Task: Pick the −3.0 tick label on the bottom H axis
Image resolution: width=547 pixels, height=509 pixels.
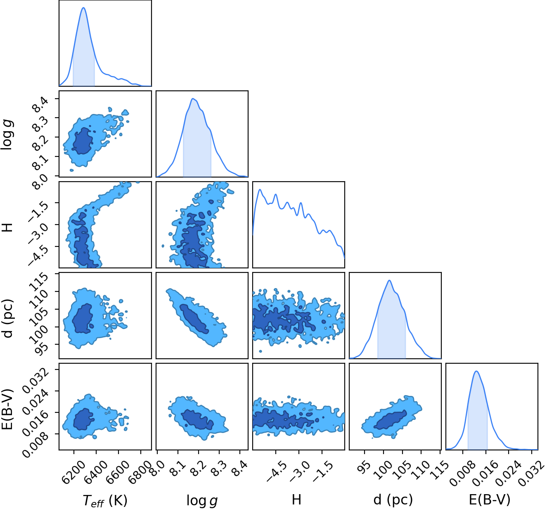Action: [300, 471]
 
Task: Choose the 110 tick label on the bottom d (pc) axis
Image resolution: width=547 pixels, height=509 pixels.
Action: [421, 469]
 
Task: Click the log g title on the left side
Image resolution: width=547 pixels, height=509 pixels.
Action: [7, 135]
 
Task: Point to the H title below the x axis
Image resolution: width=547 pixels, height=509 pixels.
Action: [296, 499]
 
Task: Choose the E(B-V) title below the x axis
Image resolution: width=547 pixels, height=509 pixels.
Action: [490, 500]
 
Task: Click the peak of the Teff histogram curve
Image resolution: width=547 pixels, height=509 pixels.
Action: [83, 7]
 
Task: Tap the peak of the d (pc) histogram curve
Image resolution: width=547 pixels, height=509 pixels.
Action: [389, 280]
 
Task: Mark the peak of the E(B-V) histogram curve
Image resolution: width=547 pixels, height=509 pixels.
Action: [476, 371]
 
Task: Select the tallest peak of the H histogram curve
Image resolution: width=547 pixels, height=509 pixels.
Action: [259, 189]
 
